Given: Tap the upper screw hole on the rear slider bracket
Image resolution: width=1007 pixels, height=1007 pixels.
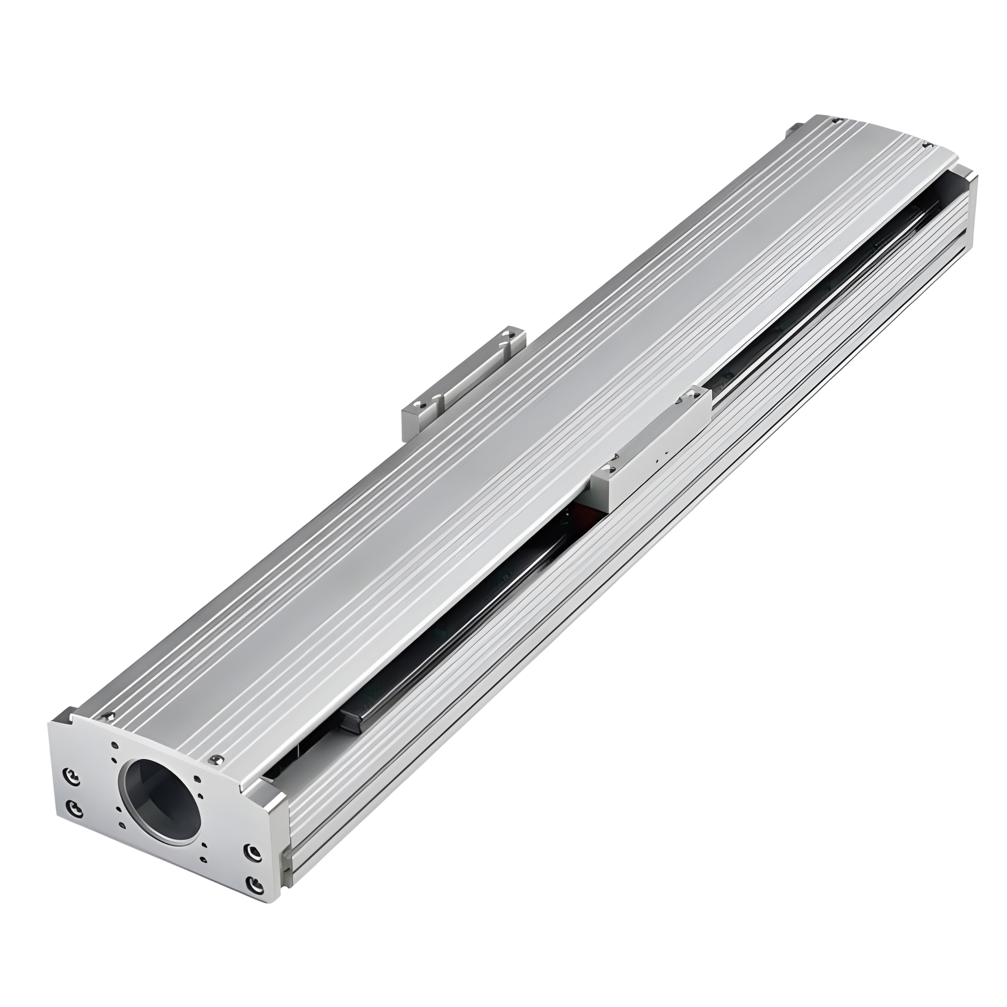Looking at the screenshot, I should click(508, 334).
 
